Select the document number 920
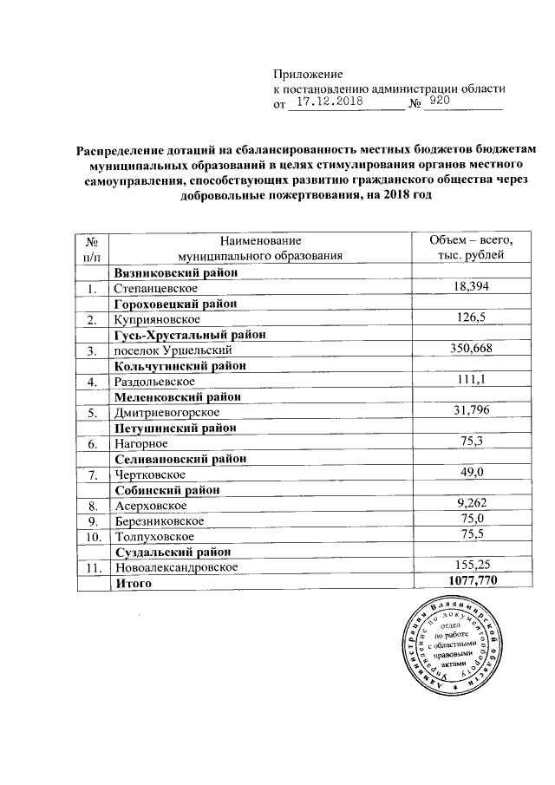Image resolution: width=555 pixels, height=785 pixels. [440, 101]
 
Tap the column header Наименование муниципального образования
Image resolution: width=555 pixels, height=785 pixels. [259, 247]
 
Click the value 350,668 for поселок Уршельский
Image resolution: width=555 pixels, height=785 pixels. [471, 350]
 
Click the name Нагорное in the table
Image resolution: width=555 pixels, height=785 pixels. [139, 444]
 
